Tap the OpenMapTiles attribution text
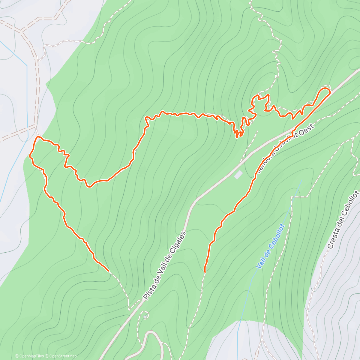(x=29, y=356)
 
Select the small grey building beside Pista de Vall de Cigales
(x=238, y=175)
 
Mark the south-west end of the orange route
(x=108, y=271)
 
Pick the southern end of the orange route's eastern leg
(x=205, y=272)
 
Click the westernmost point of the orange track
(x=30, y=155)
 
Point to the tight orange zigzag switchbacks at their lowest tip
(x=237, y=137)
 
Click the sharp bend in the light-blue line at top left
(x=27, y=65)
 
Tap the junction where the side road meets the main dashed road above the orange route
(x=36, y=124)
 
